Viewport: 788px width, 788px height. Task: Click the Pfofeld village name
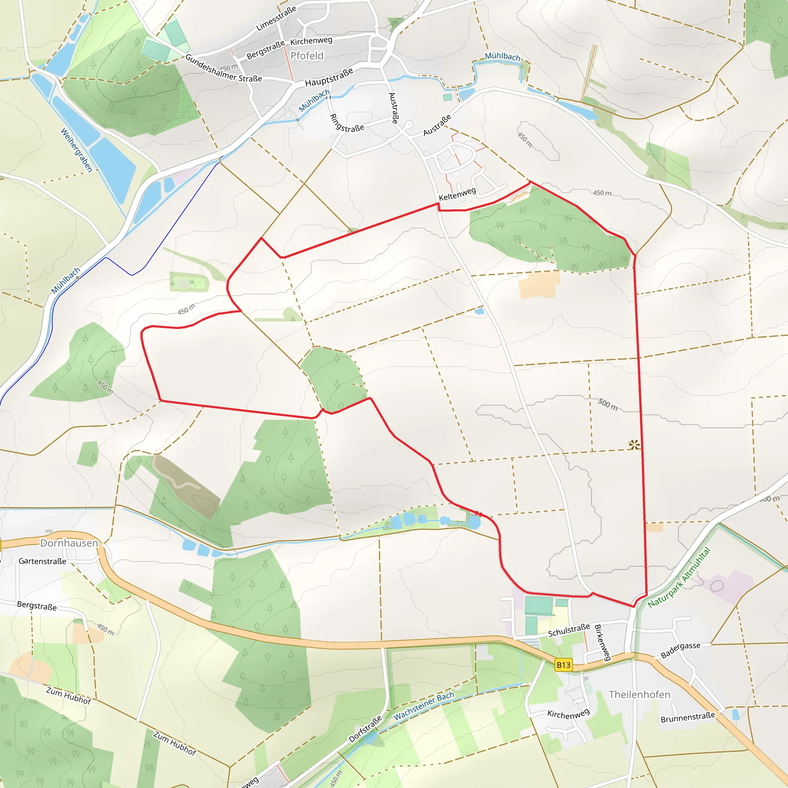coord(307,55)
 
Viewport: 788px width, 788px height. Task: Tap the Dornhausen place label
coord(69,543)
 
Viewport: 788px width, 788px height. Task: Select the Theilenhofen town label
coord(639,694)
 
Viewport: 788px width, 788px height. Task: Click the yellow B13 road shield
coord(564,665)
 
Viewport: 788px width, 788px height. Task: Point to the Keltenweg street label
coord(457,194)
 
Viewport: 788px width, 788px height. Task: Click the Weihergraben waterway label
coord(77,150)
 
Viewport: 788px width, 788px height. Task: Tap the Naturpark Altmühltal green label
coord(679,577)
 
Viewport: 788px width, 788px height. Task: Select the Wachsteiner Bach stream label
coord(424,706)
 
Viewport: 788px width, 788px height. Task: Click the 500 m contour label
coord(608,405)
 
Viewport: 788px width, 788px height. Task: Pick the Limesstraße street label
coord(276,19)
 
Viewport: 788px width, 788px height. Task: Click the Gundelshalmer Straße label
coord(224,68)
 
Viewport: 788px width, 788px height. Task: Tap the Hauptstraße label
coord(329,77)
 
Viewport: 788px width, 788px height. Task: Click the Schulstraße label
coord(569,630)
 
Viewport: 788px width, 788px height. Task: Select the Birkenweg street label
coord(603,643)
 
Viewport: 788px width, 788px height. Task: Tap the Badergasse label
coord(680,650)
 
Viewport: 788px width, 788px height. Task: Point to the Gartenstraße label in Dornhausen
coord(42,561)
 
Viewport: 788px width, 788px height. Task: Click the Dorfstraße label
coord(365,729)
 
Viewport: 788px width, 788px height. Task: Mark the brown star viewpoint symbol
coord(634,444)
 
